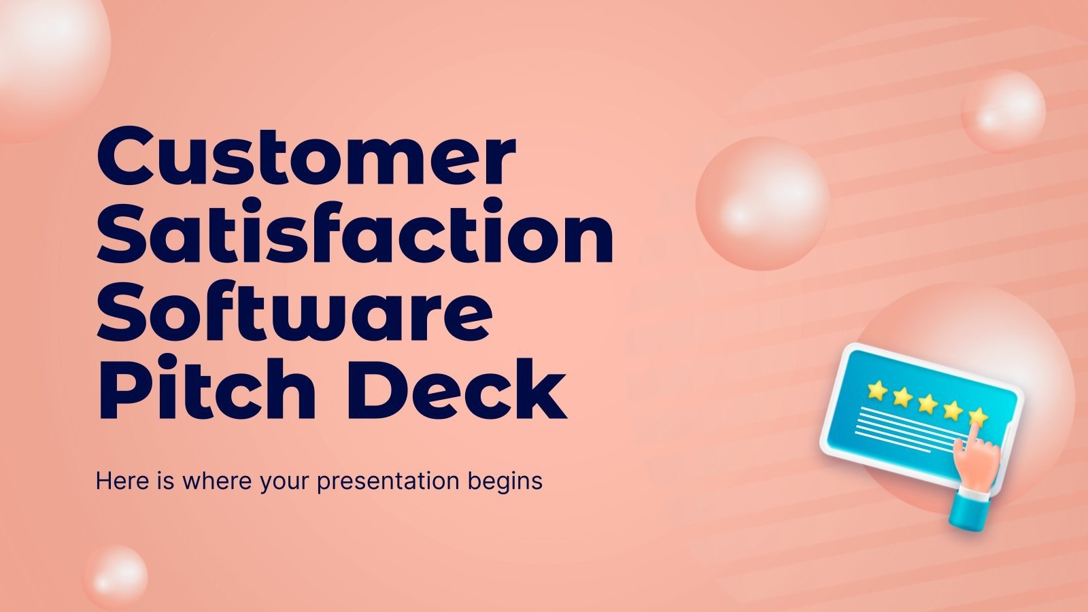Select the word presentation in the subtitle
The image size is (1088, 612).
click(x=388, y=481)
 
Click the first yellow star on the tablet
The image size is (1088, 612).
click(x=877, y=390)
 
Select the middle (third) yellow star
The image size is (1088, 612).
click(x=928, y=403)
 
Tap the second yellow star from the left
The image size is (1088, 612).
click(x=902, y=396)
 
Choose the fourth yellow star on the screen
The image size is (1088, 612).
click(x=953, y=409)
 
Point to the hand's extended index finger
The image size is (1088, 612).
click(x=977, y=433)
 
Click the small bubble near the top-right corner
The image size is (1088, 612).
click(x=1003, y=111)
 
